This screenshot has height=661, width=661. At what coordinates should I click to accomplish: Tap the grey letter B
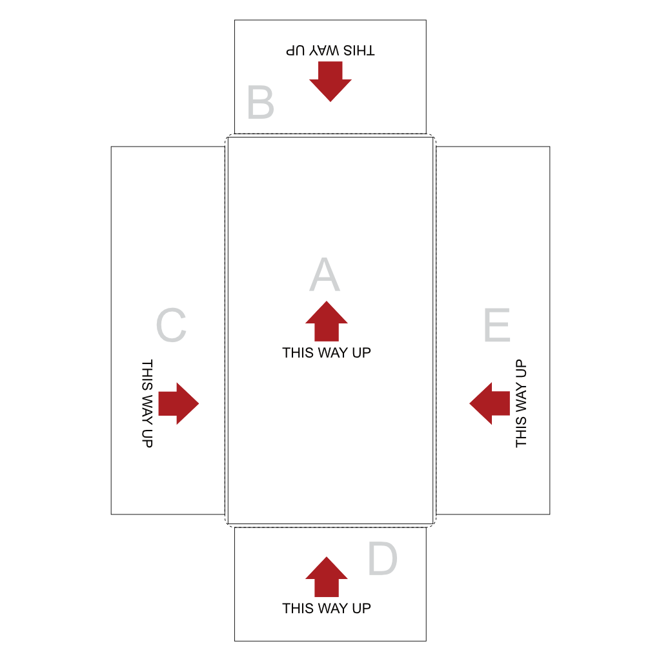point(261,102)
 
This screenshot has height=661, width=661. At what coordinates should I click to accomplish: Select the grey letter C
point(171,325)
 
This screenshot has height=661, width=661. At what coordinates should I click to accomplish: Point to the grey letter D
point(382,558)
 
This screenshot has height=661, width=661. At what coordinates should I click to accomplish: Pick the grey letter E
point(497,325)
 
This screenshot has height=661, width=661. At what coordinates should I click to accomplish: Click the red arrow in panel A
point(327,321)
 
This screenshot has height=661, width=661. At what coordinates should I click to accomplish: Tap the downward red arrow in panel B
point(330,81)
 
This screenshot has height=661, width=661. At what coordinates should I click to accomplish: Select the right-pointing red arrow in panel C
point(179,403)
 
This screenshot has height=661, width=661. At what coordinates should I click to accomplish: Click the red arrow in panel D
point(327,576)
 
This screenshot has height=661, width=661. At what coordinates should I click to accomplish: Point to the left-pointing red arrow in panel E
point(490,403)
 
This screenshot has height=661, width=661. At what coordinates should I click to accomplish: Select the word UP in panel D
point(361,608)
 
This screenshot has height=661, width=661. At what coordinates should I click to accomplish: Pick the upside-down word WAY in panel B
point(324,50)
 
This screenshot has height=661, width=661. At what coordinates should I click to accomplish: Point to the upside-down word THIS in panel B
point(359,50)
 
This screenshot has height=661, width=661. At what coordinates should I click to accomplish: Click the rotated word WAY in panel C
point(147,409)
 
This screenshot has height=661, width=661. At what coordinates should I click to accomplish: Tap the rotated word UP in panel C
point(147,438)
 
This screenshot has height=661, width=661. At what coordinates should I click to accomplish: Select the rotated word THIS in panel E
point(522,432)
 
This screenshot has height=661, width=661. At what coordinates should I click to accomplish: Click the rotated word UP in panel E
point(522,369)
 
